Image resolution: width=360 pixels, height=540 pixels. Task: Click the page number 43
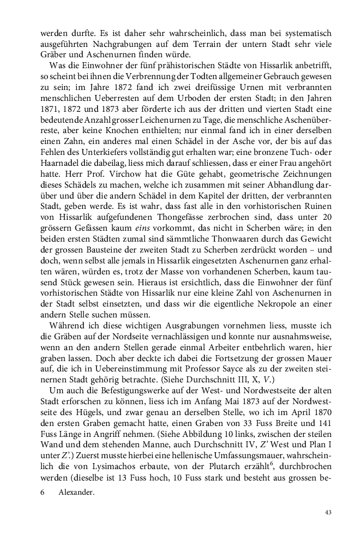coord(328,512)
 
